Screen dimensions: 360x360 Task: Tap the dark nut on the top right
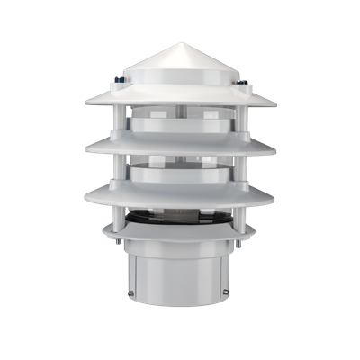tap(244, 86)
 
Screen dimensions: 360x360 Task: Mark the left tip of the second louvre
tap(85, 147)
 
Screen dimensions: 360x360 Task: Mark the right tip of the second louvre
tap(275, 147)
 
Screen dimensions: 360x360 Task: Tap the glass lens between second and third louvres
tap(180, 170)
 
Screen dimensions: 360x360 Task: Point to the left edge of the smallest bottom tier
tap(102, 232)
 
